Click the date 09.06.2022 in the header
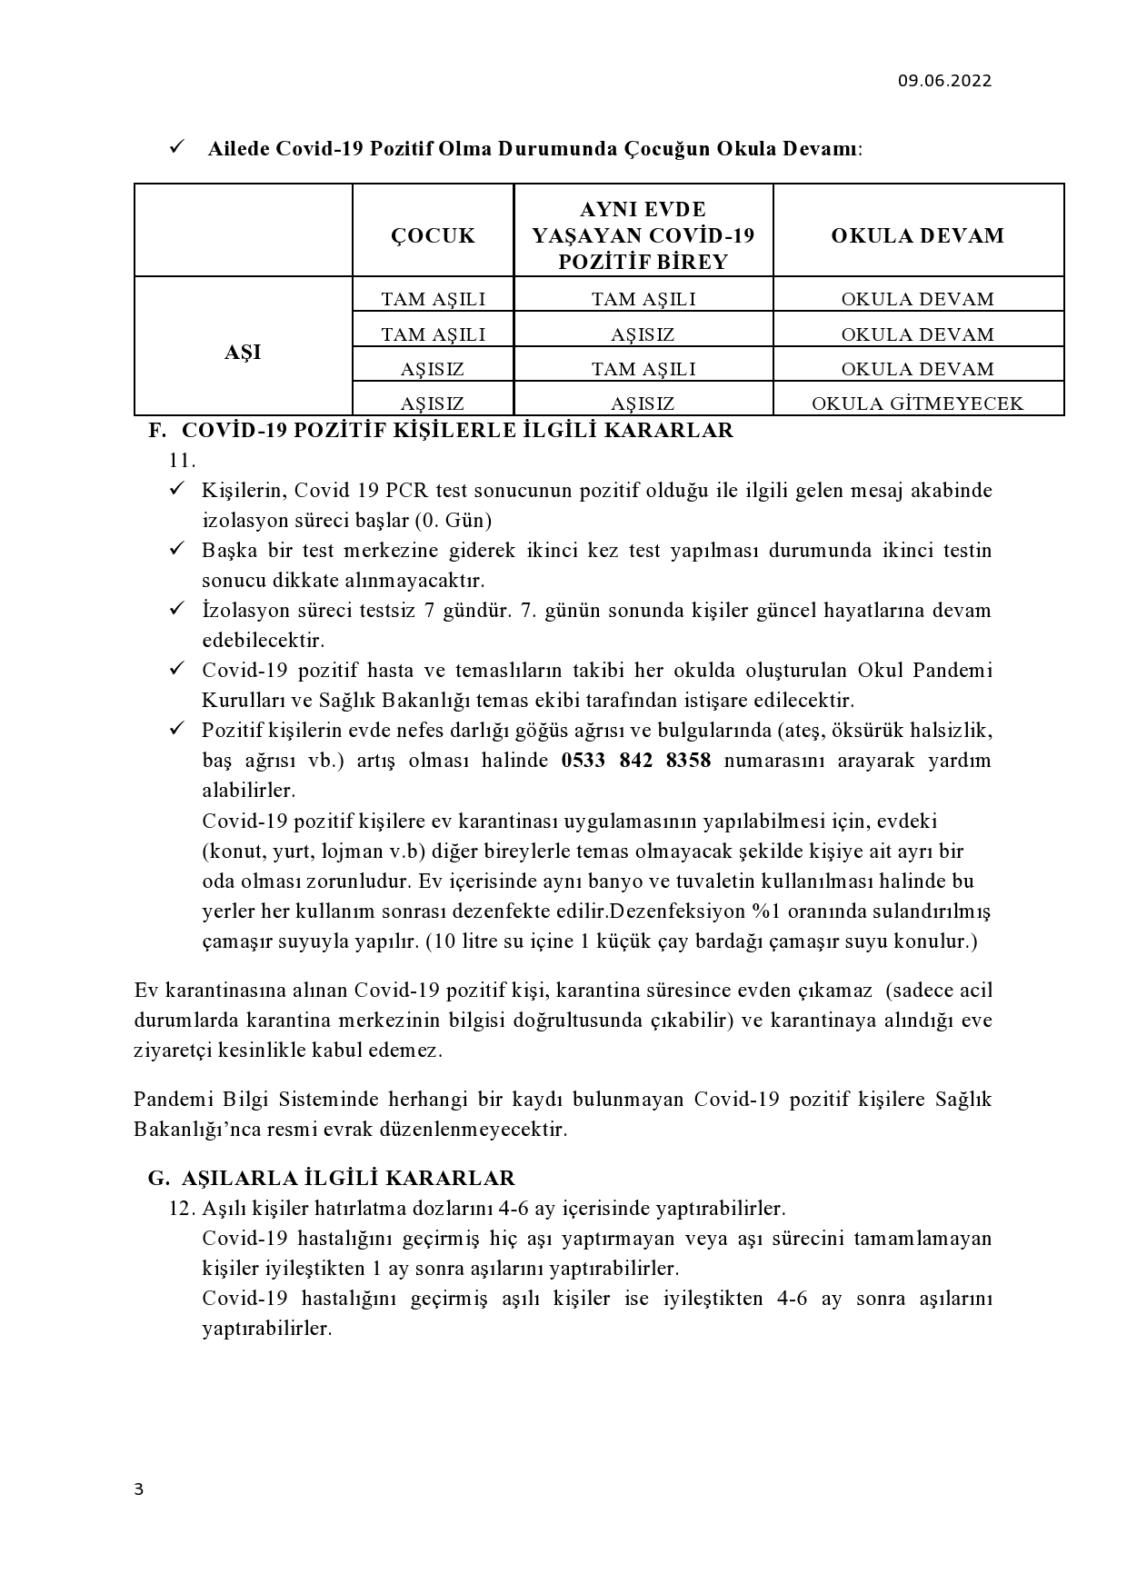pyautogui.click(x=944, y=81)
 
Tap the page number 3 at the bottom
pyautogui.click(x=138, y=1489)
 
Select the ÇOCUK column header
pyautogui.click(x=433, y=236)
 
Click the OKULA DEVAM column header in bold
pyautogui.click(x=918, y=236)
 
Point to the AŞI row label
pyautogui.click(x=243, y=353)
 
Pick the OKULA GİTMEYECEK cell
pyautogui.click(x=918, y=403)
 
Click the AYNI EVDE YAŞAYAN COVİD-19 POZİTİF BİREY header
pyautogui.click(x=643, y=236)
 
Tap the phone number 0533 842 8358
pyautogui.click(x=636, y=761)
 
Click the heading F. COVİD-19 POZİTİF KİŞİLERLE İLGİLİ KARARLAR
pyautogui.click(x=441, y=431)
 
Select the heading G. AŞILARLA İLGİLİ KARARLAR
pyautogui.click(x=332, y=1179)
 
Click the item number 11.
pyautogui.click(x=183, y=461)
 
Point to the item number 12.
pyautogui.click(x=183, y=1209)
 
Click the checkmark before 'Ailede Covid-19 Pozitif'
pyautogui.click(x=177, y=147)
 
